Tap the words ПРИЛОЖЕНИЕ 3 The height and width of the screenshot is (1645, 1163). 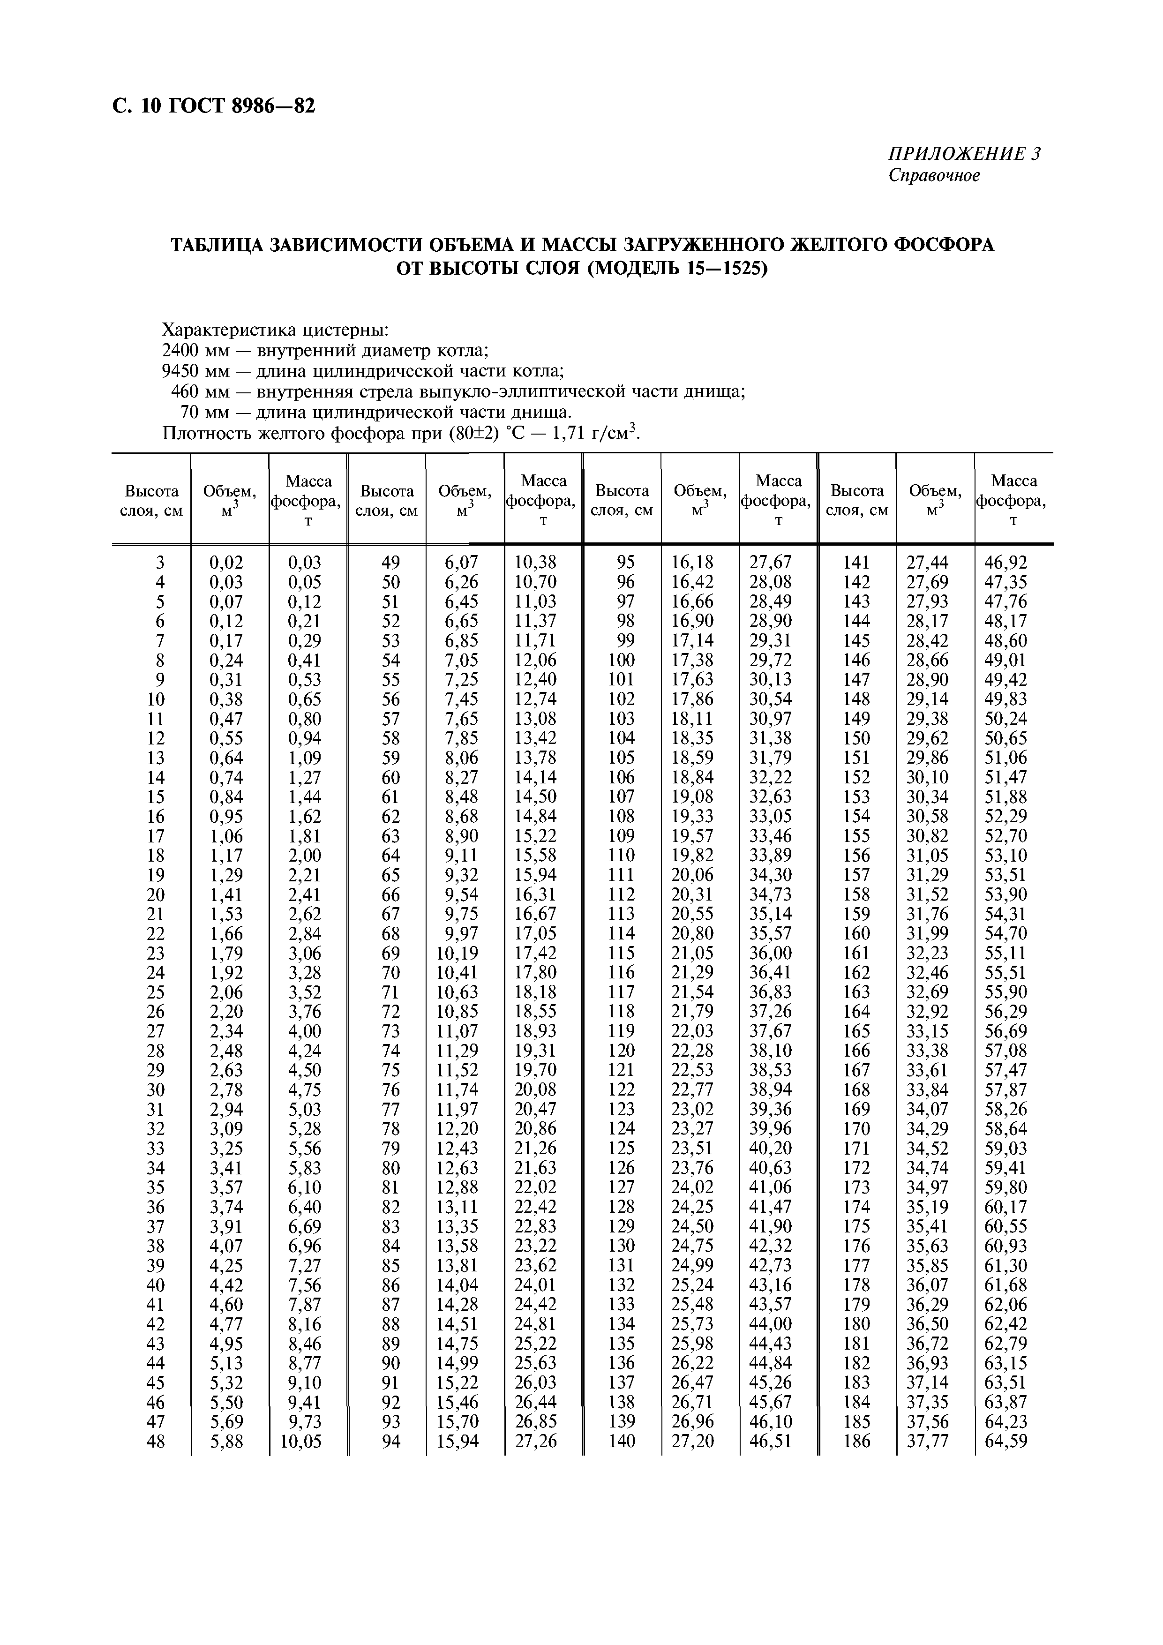point(964,154)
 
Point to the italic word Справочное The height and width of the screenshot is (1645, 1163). point(934,175)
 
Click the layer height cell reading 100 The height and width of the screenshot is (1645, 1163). point(621,660)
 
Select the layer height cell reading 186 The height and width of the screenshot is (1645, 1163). point(856,1441)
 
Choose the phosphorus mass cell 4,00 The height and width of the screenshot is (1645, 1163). point(305,1031)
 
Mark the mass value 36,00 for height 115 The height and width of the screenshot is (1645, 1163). point(776,953)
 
